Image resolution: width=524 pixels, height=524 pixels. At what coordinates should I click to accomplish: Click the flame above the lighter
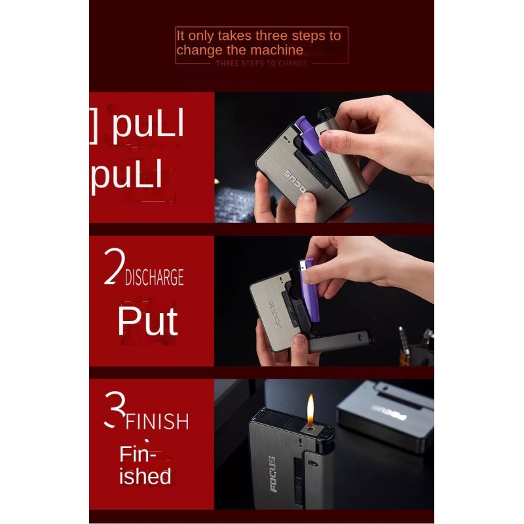pyautogui.click(x=310, y=407)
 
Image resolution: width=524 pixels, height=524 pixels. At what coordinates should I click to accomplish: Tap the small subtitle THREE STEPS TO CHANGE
pyautogui.click(x=261, y=63)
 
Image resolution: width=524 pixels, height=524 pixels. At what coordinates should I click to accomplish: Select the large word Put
pyautogui.click(x=147, y=321)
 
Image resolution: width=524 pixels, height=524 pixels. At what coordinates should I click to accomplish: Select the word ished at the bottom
pyautogui.click(x=145, y=476)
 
